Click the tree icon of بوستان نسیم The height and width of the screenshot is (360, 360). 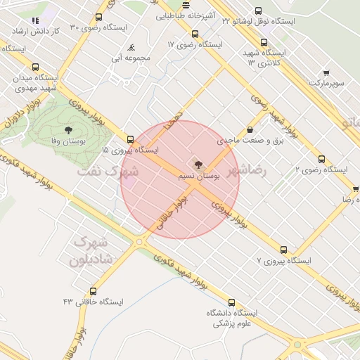coord(198,165)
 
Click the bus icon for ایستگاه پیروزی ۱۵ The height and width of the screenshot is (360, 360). coord(130,139)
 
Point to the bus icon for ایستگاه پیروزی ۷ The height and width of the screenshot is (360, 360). coord(284,250)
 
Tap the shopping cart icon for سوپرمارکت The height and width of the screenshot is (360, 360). coord(326,72)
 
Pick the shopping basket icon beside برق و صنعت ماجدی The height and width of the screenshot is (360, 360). coord(250,129)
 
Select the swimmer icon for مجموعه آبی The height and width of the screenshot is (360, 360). coord(131,48)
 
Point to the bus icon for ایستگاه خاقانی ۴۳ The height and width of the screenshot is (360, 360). coord(94,291)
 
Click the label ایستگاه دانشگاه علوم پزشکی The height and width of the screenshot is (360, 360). coord(231,318)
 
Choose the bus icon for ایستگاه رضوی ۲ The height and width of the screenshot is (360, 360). coord(322,159)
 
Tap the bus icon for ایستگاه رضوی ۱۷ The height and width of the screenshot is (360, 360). coord(195,34)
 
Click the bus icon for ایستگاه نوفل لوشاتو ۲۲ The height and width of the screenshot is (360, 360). coord(258,11)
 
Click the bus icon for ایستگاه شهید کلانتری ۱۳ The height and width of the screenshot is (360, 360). coord(264,41)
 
